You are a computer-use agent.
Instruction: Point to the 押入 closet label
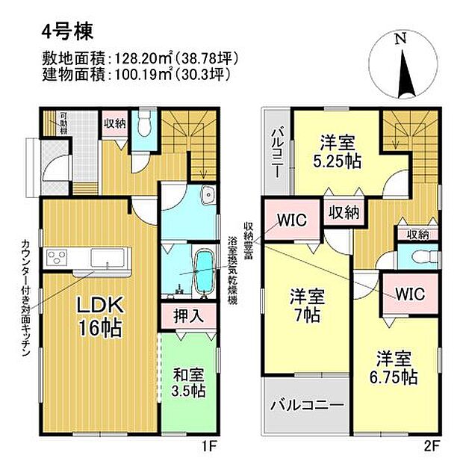pyautogui.click(x=190, y=315)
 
